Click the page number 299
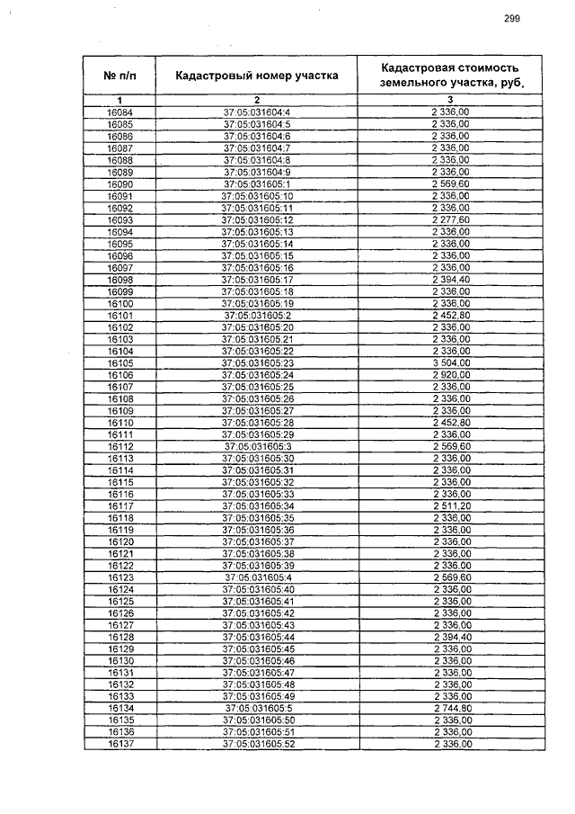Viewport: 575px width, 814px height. pyautogui.click(x=512, y=19)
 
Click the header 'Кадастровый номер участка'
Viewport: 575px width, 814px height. pyautogui.click(x=257, y=76)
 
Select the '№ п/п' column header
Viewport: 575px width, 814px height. pyautogui.click(x=119, y=76)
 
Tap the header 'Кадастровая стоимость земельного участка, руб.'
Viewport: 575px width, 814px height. pyautogui.click(x=450, y=76)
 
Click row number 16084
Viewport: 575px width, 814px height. pyautogui.click(x=119, y=112)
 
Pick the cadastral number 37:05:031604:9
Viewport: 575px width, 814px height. pyautogui.click(x=257, y=172)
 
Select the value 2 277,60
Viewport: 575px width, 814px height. pyautogui.click(x=450, y=219)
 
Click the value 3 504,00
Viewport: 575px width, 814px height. pyautogui.click(x=450, y=362)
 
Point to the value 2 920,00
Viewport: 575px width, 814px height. pyautogui.click(x=450, y=374)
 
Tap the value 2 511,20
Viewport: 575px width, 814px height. pyautogui.click(x=450, y=505)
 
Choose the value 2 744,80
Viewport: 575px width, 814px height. pyautogui.click(x=450, y=708)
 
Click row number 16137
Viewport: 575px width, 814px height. pyautogui.click(x=119, y=744)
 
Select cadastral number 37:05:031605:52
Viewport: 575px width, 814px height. pyautogui.click(x=257, y=744)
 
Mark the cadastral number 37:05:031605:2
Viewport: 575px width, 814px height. pyautogui.click(x=257, y=315)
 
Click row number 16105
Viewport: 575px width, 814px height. pyautogui.click(x=119, y=362)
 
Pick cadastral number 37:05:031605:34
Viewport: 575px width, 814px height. pyautogui.click(x=257, y=505)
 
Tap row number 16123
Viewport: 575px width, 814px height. pyautogui.click(x=119, y=577)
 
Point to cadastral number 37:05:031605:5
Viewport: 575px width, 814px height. pyautogui.click(x=257, y=708)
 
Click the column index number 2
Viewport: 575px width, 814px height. pyautogui.click(x=257, y=99)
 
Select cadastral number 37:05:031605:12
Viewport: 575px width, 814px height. pyautogui.click(x=257, y=219)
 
